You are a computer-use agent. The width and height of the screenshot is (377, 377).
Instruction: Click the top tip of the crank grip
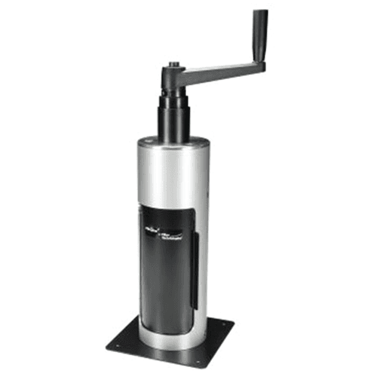pyautogui.click(x=260, y=12)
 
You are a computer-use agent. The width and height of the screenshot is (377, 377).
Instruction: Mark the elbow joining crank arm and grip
pyautogui.click(x=260, y=67)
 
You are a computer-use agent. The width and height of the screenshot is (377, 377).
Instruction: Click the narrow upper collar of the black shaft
pyautogui.click(x=173, y=94)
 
